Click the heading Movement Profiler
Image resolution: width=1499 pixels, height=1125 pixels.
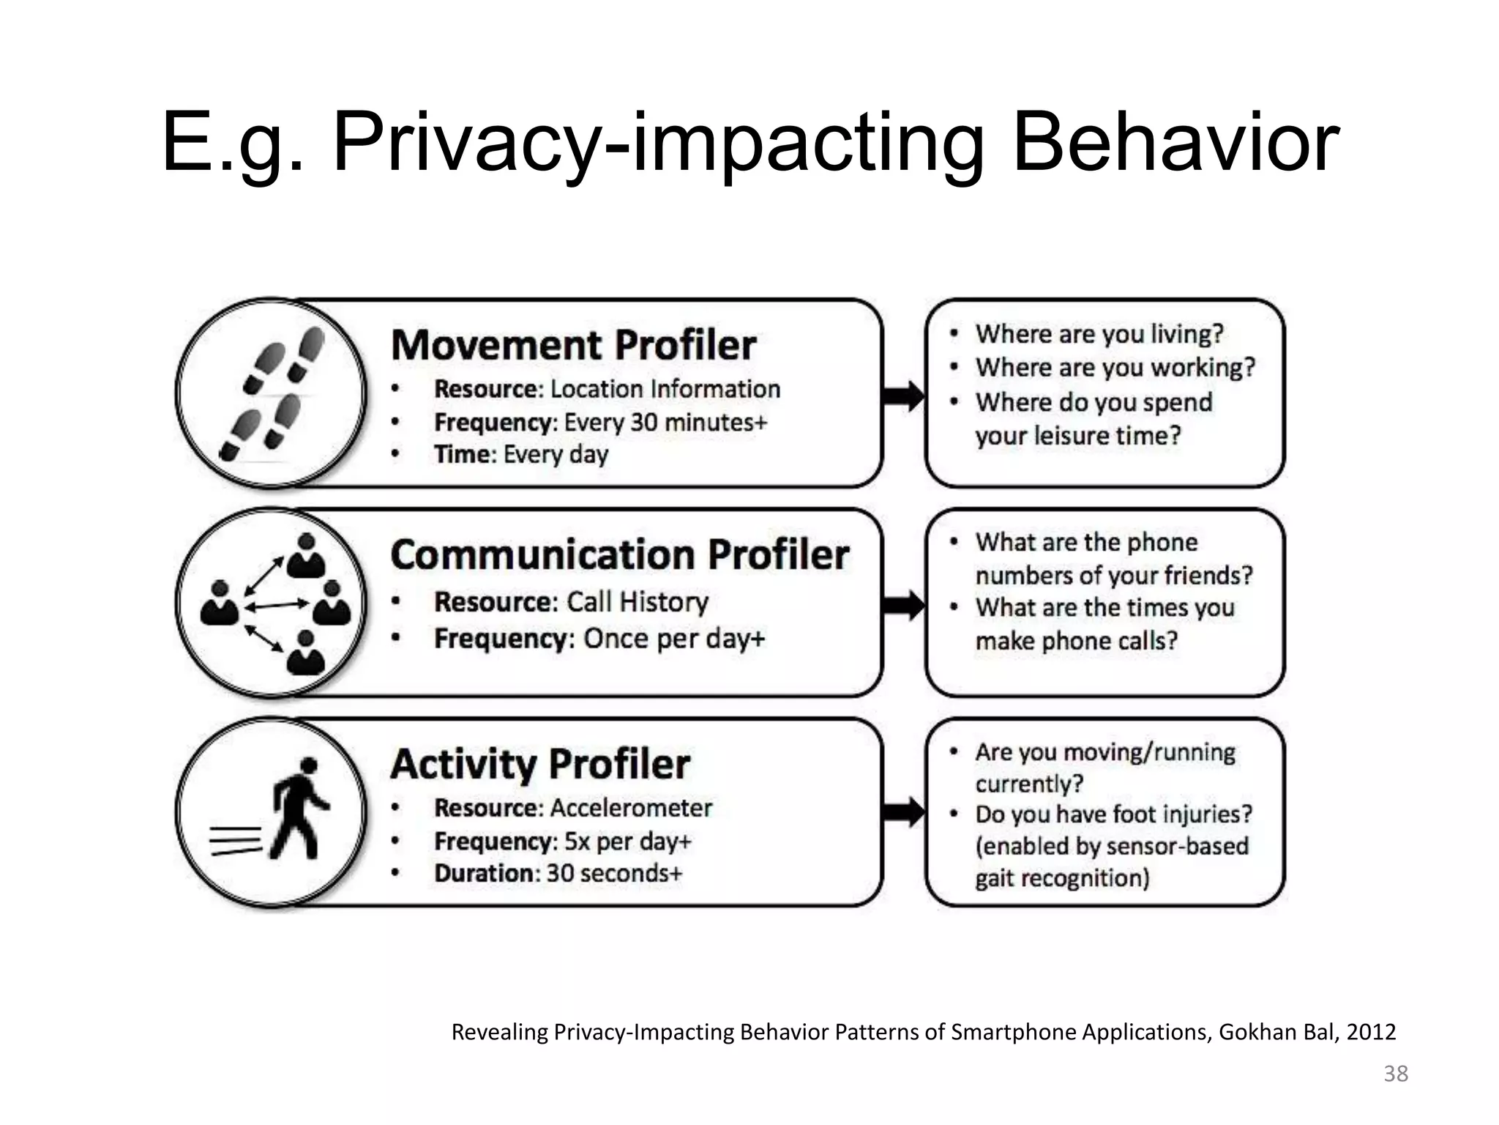(573, 345)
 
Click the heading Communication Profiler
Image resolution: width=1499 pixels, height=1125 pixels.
(619, 554)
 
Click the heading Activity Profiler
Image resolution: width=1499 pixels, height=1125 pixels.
(540, 764)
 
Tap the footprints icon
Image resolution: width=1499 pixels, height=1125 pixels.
(272, 393)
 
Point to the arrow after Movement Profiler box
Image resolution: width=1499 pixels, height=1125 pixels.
(904, 396)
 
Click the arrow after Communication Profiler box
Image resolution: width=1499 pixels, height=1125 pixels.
(904, 605)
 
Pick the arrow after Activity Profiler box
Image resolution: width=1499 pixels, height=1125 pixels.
(904, 812)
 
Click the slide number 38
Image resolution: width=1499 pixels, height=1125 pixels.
(1396, 1074)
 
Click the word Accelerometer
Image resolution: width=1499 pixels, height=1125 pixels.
(631, 808)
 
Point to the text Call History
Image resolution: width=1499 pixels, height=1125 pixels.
(638, 602)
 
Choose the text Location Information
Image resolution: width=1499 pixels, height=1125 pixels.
(665, 389)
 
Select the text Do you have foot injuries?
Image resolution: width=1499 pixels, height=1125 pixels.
(1113, 814)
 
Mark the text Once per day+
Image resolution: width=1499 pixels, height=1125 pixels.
(674, 639)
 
